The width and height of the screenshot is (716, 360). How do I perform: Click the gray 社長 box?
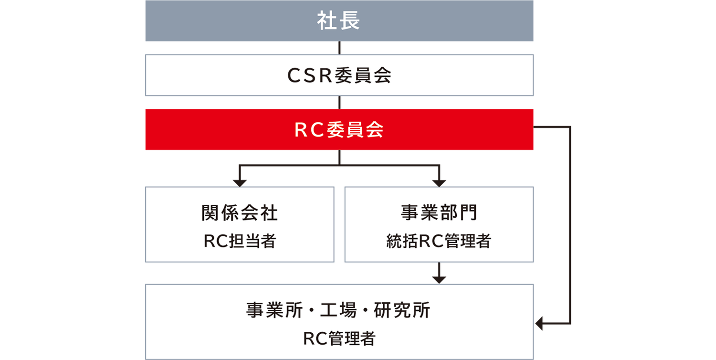[x=339, y=21]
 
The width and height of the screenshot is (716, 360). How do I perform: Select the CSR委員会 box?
[x=339, y=75]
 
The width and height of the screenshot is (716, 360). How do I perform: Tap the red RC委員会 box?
[x=339, y=130]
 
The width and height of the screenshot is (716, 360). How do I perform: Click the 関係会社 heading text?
[x=240, y=213]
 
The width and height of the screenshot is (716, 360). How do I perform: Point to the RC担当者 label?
[x=240, y=241]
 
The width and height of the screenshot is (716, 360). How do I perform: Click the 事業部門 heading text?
[x=439, y=213]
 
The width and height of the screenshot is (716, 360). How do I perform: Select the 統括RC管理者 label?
[x=439, y=241]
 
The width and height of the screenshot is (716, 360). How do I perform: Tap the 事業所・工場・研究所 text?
[x=339, y=311]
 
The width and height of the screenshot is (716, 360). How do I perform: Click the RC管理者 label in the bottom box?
[x=339, y=339]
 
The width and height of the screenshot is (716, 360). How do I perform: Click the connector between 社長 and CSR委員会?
[x=339, y=48]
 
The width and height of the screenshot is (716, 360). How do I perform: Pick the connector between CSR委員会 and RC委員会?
[x=339, y=102]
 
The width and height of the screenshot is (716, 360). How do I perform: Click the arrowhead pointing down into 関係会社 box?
[x=240, y=181]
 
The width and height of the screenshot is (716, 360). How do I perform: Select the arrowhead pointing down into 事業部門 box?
[x=439, y=181]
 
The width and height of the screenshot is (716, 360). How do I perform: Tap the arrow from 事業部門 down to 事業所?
[x=439, y=275]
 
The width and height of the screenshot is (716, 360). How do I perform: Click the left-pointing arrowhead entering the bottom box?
[x=540, y=324]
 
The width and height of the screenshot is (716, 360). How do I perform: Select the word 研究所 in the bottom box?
[x=402, y=311]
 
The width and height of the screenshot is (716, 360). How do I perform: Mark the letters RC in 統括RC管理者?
[x=428, y=242]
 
